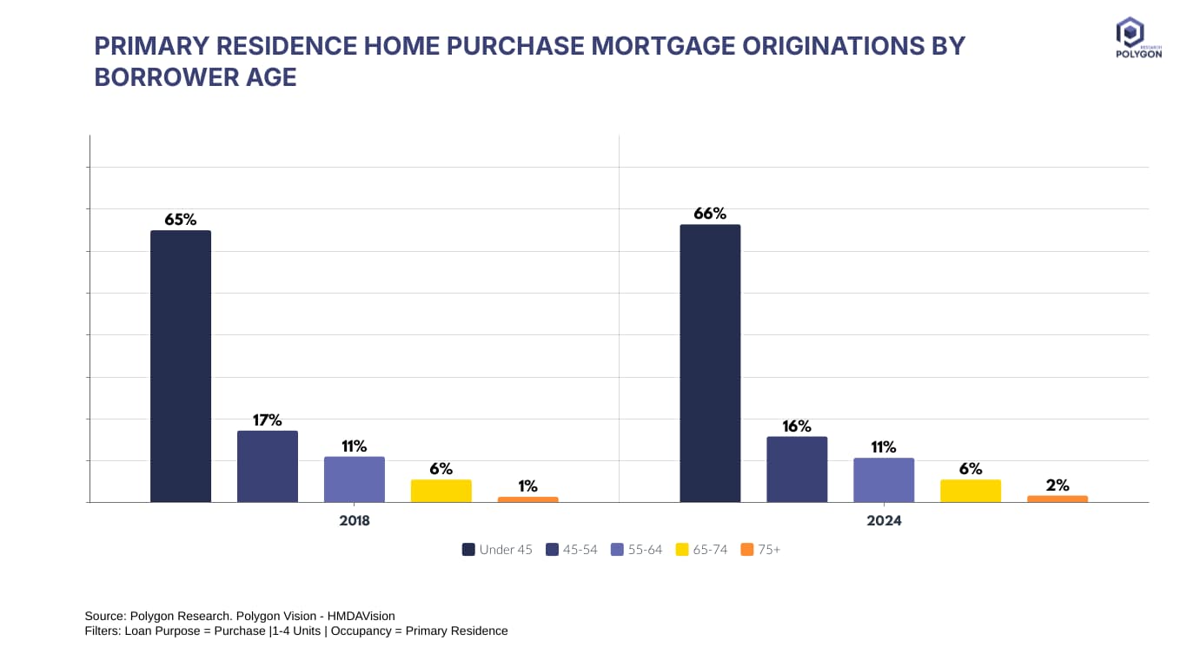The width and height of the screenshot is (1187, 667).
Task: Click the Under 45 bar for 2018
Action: tap(181, 366)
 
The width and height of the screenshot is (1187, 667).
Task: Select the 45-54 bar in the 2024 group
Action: tap(797, 469)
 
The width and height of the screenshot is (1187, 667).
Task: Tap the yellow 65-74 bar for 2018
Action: tap(441, 491)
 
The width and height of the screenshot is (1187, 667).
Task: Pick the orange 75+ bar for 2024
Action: tap(1058, 499)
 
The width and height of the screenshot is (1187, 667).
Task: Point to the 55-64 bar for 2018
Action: tap(355, 479)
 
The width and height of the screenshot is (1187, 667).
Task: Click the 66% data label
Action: tap(710, 214)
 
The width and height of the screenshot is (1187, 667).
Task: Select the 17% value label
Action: tap(268, 420)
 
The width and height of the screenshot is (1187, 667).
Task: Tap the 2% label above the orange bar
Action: tap(1058, 485)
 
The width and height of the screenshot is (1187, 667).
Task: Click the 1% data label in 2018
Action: tap(528, 486)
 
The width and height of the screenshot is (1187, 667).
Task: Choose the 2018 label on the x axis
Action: tap(355, 521)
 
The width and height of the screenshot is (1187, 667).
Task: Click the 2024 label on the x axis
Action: tap(884, 521)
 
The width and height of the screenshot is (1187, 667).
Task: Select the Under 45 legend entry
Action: tap(498, 550)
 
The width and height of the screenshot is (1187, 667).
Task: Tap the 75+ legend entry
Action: tap(761, 550)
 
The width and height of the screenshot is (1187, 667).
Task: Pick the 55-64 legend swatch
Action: tap(618, 550)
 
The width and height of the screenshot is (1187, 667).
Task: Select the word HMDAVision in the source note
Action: tap(359, 616)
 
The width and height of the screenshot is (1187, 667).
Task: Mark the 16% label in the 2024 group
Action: tap(797, 426)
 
